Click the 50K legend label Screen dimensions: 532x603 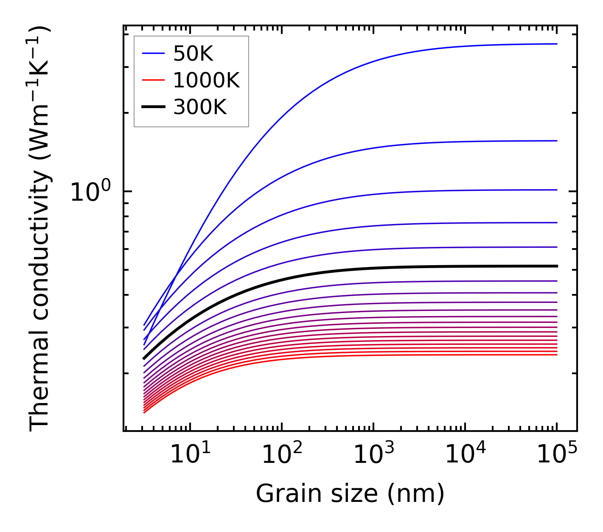(193, 54)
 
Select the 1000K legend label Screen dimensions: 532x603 (206, 80)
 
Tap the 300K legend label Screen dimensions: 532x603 (200, 107)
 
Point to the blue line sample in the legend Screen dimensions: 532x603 (153, 53)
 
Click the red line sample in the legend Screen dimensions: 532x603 (153, 80)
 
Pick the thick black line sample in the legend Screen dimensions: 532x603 (153, 107)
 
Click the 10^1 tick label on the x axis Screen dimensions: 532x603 (190, 455)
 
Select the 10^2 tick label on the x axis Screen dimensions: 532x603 (282, 455)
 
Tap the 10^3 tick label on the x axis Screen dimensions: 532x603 (373, 455)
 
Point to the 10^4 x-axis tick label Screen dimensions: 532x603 (465, 455)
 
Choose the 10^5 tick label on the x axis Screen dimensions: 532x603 (557, 455)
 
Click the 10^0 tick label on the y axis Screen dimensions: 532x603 (90, 192)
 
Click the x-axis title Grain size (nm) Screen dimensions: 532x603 (350, 494)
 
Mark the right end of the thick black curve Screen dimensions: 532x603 (557, 266)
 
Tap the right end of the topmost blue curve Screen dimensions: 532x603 (557, 44)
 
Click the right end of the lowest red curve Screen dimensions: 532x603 (557, 355)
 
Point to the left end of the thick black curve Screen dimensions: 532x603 (144, 358)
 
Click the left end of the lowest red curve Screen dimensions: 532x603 (144, 412)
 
